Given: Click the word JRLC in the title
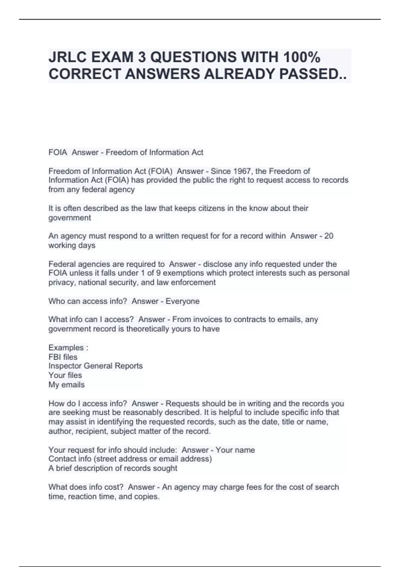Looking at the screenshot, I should click(x=67, y=57).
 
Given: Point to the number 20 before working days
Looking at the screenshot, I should click(x=329, y=236).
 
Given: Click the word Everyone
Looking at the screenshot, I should click(x=182, y=301).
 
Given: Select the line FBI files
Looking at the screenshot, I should click(x=63, y=357).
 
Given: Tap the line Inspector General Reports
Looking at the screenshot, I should click(x=96, y=366).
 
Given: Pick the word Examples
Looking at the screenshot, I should click(x=66, y=348).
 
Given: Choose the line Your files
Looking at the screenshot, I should click(x=65, y=375).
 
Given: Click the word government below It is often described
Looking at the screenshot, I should click(x=70, y=218).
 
